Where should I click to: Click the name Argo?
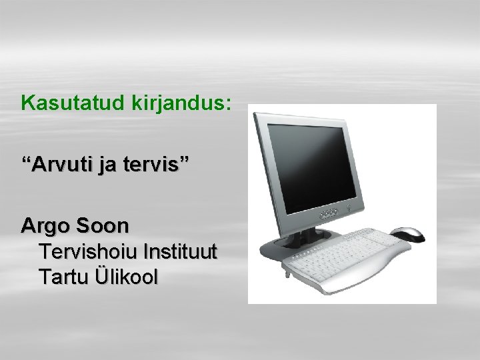[x=45, y=226]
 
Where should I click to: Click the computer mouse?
[x=407, y=233]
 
